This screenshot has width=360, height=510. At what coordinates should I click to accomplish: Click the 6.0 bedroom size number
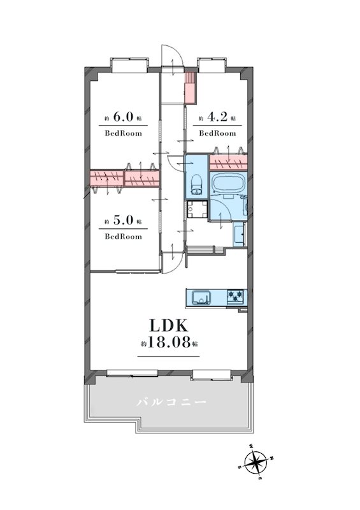123,117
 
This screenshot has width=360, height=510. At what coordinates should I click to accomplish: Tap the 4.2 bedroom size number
217,117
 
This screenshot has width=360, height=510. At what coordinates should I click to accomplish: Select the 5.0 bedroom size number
123,220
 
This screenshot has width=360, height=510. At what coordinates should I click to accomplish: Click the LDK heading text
168,326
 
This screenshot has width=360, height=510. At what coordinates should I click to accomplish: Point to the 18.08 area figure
169,342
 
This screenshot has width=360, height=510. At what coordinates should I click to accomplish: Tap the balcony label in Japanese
171,403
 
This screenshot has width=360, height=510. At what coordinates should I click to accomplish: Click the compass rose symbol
256,462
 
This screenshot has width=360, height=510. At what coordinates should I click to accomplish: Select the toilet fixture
196,185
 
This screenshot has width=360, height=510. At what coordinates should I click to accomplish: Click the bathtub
228,185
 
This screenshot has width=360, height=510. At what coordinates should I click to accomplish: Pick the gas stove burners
235,296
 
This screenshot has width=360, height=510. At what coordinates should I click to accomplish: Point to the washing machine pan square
197,210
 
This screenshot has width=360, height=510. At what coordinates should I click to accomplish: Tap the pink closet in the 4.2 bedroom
228,163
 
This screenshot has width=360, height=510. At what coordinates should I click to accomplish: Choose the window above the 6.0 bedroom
129,65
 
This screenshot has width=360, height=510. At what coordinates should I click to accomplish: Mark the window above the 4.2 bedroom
212,65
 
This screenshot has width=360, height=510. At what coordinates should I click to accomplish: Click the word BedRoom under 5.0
123,237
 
